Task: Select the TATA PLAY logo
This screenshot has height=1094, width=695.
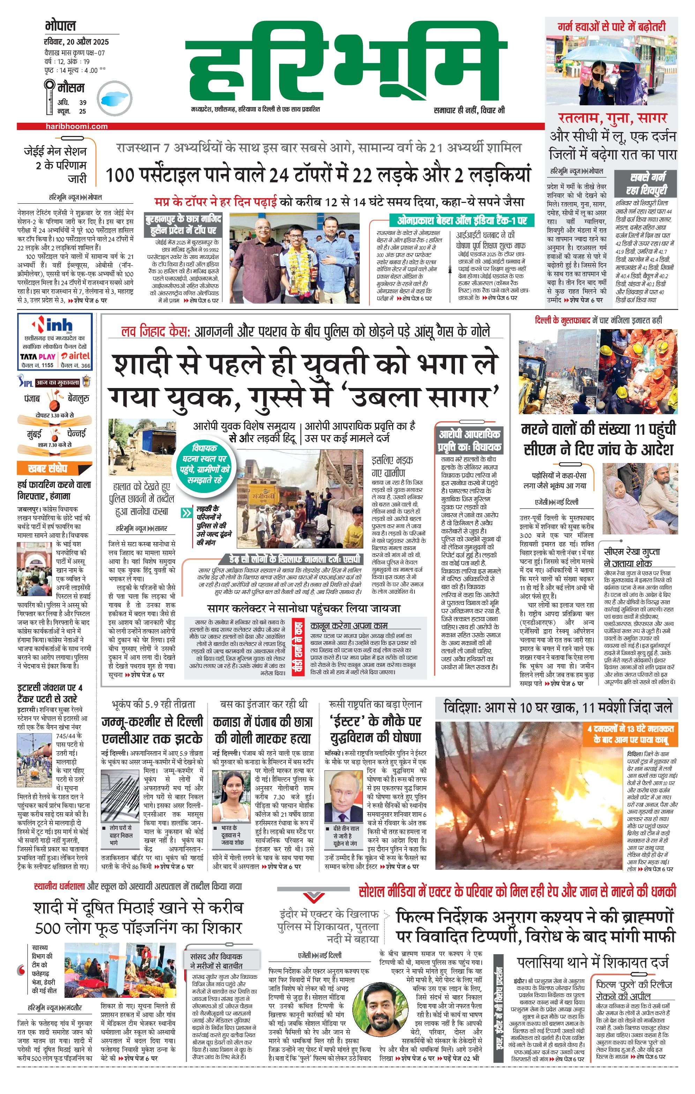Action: pyautogui.click(x=37, y=357)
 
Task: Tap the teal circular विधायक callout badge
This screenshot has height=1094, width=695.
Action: pyautogui.click(x=204, y=464)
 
